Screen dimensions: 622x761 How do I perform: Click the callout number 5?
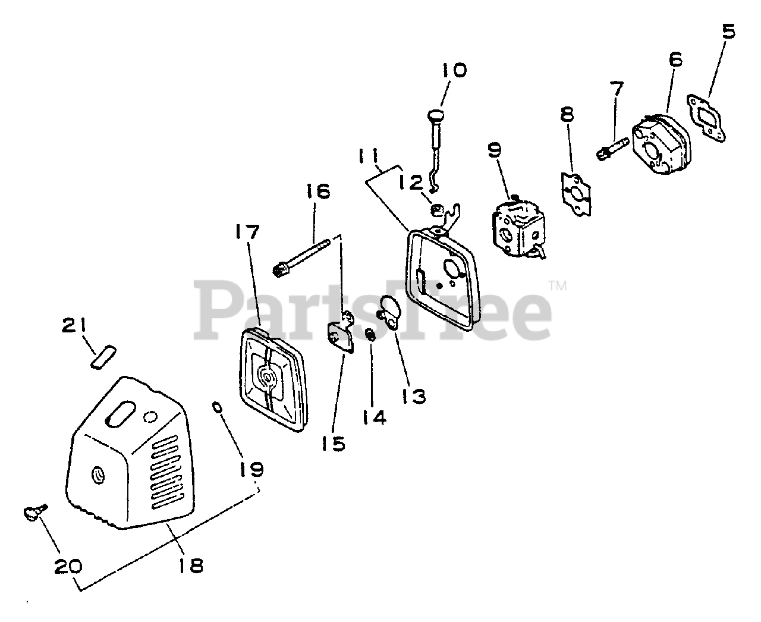728,31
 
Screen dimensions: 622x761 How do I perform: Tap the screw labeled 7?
612,147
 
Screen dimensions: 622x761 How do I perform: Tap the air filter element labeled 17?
273,379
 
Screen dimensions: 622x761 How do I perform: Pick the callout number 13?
414,395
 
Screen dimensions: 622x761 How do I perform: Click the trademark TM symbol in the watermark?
558,287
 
